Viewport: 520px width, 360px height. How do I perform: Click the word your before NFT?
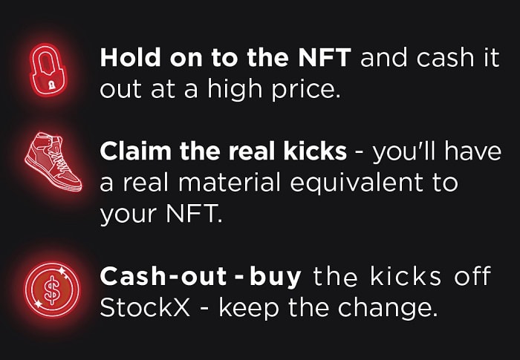pos(128,215)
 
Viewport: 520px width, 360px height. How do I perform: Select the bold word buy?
pos(274,277)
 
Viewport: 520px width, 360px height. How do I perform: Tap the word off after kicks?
pos(472,276)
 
